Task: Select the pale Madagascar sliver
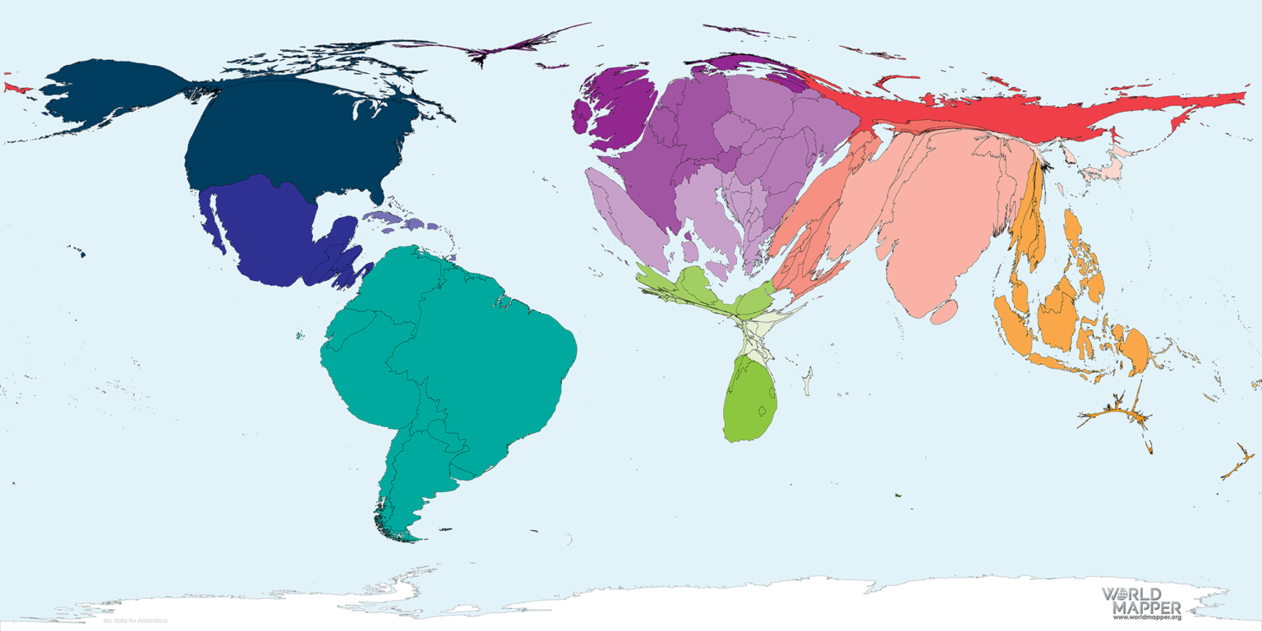click(808, 381)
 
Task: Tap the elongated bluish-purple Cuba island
click(382, 218)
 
